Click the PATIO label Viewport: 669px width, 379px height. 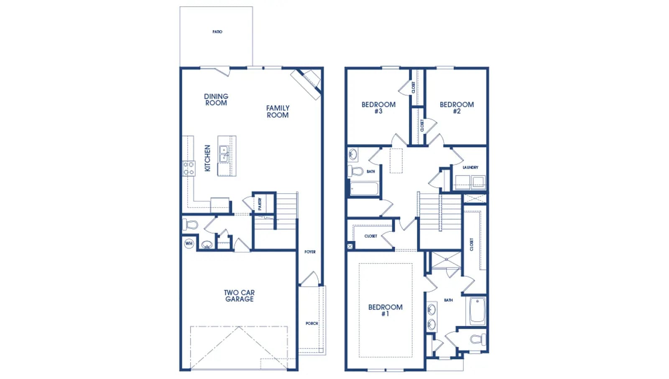tap(217, 32)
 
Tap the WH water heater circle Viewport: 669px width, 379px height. tap(189, 243)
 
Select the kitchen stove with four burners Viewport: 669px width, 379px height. tap(189, 168)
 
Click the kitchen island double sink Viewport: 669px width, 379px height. tap(224, 154)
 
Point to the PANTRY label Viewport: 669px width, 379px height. tap(260, 204)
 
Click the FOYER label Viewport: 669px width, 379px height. tap(310, 252)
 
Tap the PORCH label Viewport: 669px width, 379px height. tap(312, 323)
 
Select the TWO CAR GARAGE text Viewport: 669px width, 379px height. tap(239, 296)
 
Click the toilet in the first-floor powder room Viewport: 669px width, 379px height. tap(190, 225)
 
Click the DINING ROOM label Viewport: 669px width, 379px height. tap(216, 100)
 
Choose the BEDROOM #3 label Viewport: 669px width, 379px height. tap(378, 108)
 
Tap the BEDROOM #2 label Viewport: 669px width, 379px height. tap(457, 108)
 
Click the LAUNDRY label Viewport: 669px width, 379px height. tap(470, 167)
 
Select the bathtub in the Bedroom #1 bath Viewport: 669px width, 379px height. tap(477, 311)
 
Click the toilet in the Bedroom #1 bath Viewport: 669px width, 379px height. tap(478, 339)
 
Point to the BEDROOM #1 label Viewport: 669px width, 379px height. tap(385, 310)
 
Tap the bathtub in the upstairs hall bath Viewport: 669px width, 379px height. tap(364, 189)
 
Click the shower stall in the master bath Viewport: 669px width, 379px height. tap(446, 260)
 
